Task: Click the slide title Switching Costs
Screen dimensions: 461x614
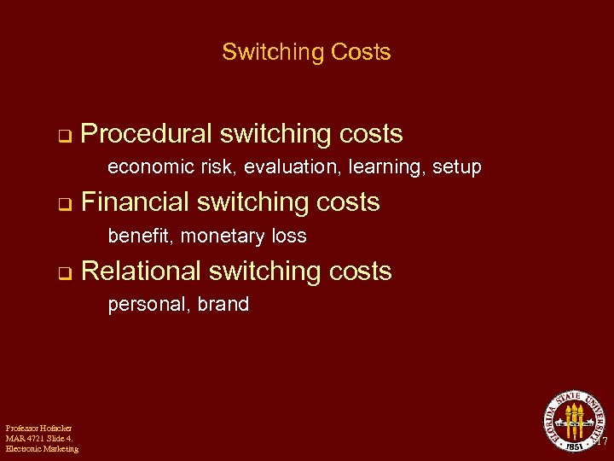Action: click(x=306, y=52)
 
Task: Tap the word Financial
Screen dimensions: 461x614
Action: click(x=139, y=202)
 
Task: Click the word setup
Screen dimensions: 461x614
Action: click(x=457, y=167)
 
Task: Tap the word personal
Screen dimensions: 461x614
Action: click(x=142, y=305)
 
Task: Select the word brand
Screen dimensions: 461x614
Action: click(x=223, y=304)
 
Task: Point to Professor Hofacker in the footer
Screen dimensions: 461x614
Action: click(x=38, y=428)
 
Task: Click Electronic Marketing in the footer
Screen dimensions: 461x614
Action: click(x=42, y=449)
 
